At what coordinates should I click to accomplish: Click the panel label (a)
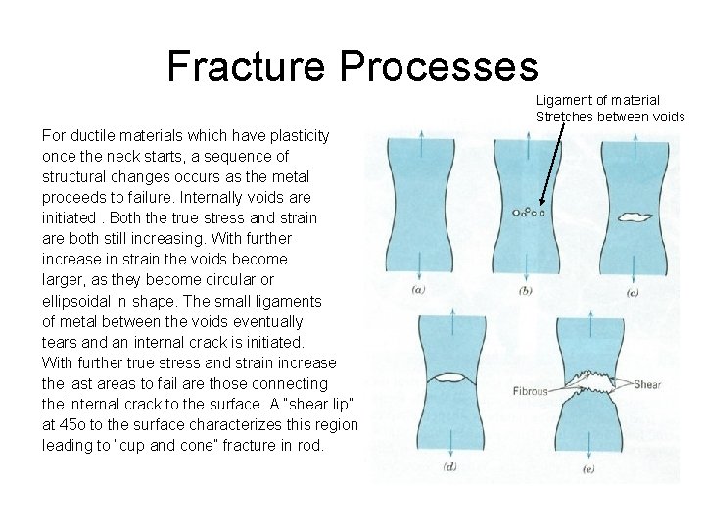tap(419, 290)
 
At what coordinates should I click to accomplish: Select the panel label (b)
tap(526, 290)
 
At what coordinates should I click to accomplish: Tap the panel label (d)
tap(449, 467)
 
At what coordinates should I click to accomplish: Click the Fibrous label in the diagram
tap(530, 392)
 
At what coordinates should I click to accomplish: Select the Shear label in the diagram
tap(649, 384)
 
